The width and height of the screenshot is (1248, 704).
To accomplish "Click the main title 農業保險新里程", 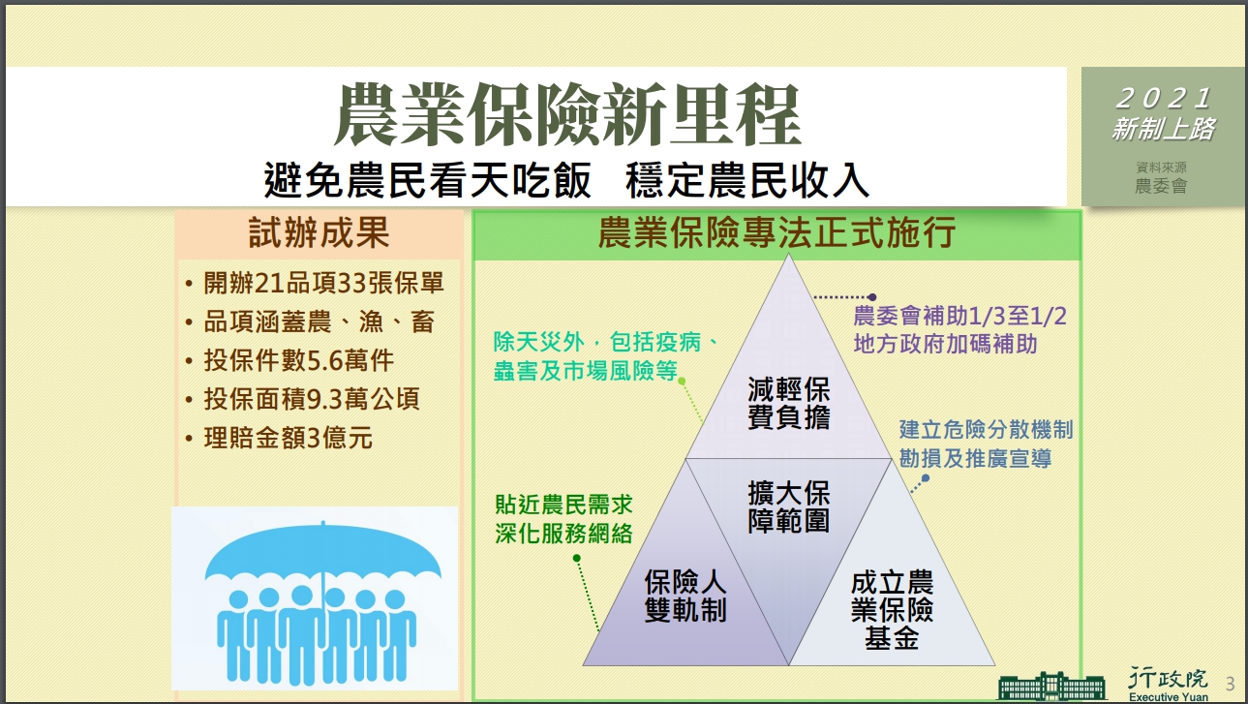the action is coord(567,115).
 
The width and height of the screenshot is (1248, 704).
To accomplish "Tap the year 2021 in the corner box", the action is coord(1165,99).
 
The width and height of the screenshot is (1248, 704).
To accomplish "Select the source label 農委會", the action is coord(1162,186).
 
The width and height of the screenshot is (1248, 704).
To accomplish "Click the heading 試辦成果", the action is coord(319,233).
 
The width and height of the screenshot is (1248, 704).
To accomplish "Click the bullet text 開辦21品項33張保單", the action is coord(323,283).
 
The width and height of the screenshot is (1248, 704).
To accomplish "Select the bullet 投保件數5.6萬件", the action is coord(298,360).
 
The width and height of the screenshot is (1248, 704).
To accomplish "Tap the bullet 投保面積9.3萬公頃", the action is coord(312,399).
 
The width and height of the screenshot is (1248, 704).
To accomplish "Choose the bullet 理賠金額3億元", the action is coord(289,438).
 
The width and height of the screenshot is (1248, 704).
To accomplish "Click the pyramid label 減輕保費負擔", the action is coord(789,403).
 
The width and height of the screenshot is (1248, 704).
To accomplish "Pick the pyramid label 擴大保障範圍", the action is coord(789,506).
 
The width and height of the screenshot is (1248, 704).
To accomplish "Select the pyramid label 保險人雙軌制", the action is coord(685,596).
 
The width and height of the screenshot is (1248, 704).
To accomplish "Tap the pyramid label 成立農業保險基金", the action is coord(892,610).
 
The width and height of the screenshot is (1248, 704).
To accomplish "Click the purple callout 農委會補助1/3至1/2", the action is coord(959,317).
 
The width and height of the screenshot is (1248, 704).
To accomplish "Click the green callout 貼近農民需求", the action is coord(563,505).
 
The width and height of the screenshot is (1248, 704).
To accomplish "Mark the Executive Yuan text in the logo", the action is coord(1169,697).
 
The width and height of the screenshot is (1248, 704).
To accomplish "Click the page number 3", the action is coord(1231,684).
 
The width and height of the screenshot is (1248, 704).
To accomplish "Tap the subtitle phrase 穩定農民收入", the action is coord(747,180).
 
